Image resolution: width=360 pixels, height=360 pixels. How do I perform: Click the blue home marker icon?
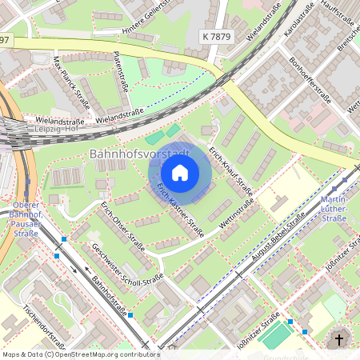coord(180,173)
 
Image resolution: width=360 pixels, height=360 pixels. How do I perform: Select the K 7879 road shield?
coord(217,38)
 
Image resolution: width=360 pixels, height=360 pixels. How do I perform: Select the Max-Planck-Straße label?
coord(71,81)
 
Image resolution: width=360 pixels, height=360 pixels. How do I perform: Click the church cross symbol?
coord(338,340)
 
